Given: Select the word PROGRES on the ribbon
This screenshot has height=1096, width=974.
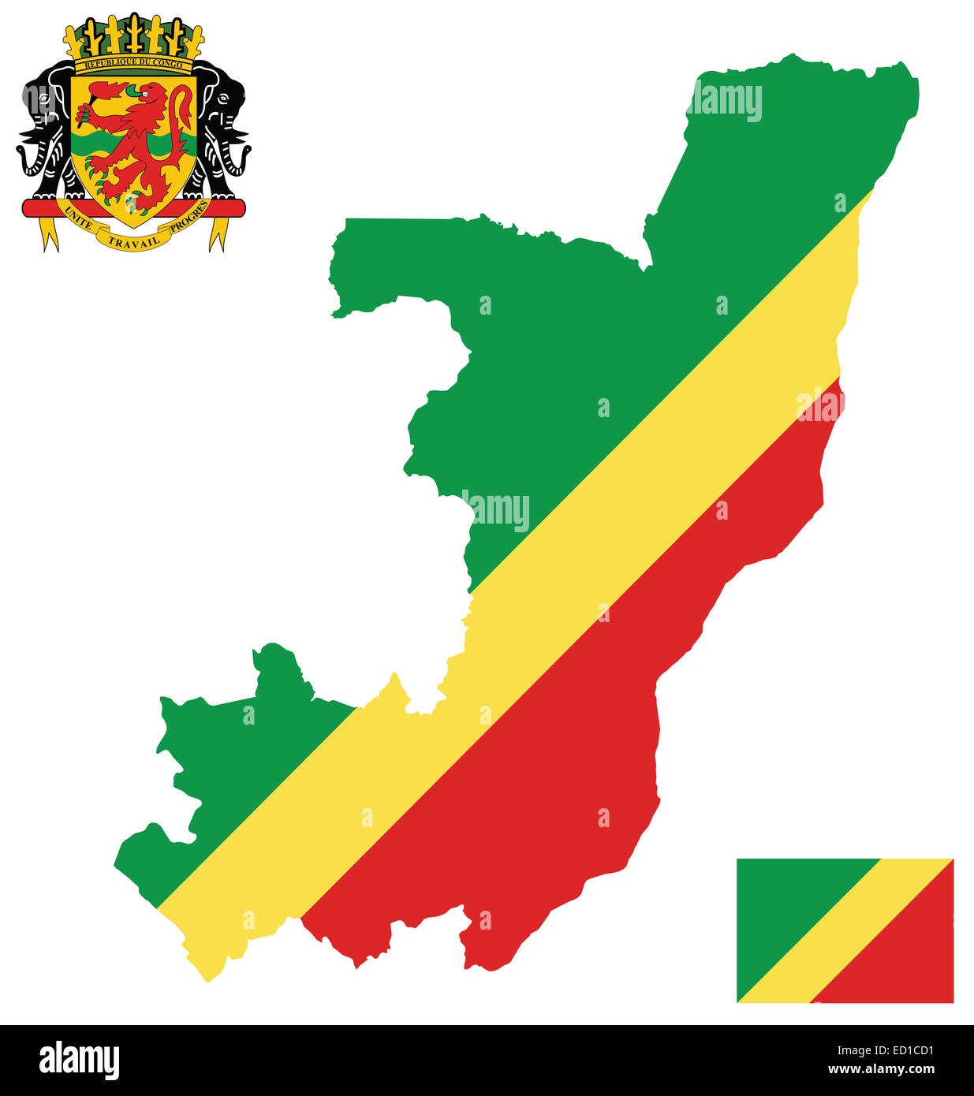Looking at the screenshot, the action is (x=189, y=217).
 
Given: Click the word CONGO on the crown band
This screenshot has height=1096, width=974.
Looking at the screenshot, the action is (x=167, y=64).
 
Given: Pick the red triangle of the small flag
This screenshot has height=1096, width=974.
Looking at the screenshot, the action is (x=907, y=962).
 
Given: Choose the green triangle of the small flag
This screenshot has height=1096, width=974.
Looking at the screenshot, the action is (x=781, y=899).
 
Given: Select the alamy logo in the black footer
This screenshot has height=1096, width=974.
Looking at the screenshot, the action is (x=79, y=1060).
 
